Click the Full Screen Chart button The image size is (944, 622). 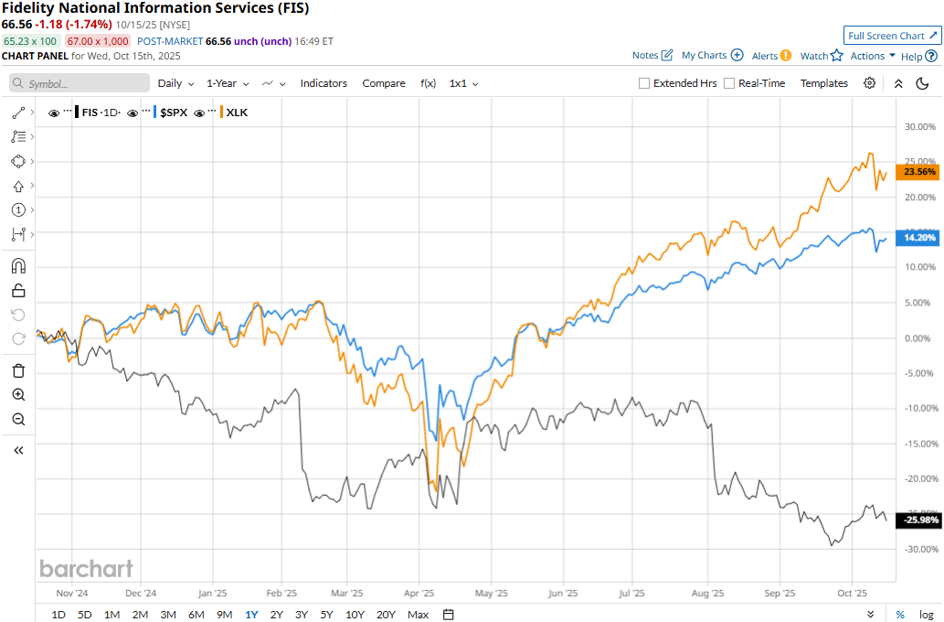(x=892, y=36)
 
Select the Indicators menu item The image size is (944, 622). (x=324, y=83)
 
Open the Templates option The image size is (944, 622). (x=823, y=83)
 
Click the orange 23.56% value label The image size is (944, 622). (x=920, y=172)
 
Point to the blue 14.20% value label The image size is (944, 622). (x=920, y=238)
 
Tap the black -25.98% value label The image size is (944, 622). (x=918, y=520)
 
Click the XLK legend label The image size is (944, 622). (x=237, y=113)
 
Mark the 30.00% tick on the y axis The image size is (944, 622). (x=920, y=126)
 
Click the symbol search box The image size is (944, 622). (x=80, y=83)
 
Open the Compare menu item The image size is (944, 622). (x=384, y=83)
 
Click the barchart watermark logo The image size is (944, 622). (x=86, y=568)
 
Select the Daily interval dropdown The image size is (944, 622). (x=175, y=83)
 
